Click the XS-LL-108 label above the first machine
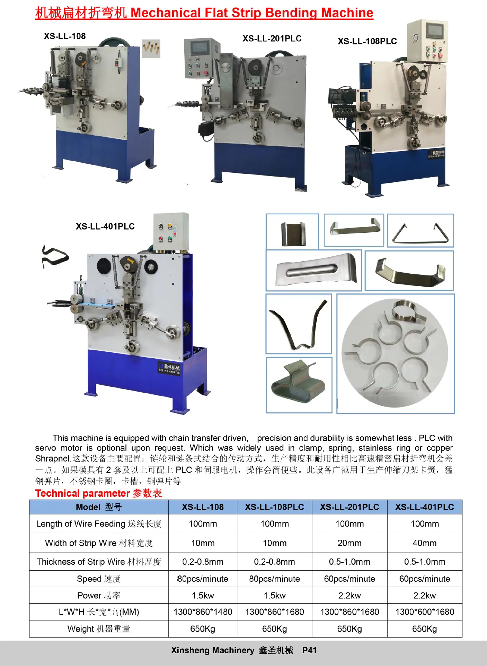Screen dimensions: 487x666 65,36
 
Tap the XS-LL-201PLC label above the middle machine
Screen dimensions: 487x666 272,39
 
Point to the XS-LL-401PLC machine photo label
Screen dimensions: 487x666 105,227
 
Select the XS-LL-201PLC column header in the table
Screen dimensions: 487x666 349,507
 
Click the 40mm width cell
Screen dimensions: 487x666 425,543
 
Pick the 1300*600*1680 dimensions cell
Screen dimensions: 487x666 425,612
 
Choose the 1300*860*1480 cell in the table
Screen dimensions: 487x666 203,612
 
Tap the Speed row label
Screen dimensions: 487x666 99,579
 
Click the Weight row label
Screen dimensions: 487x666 99,629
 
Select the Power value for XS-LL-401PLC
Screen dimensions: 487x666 425,596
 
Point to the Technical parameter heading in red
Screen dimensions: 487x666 99,493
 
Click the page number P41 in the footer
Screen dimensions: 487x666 309,650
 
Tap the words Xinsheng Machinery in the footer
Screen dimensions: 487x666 213,650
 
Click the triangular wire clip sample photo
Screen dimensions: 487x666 420,231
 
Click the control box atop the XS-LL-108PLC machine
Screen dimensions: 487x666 427,42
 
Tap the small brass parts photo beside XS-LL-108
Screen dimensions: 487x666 151,48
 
